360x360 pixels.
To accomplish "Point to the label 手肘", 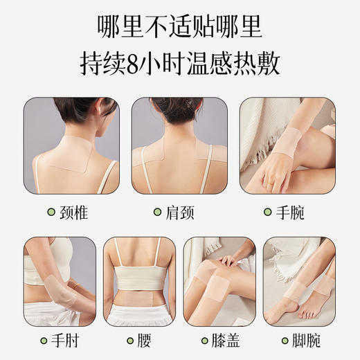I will [60, 341].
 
